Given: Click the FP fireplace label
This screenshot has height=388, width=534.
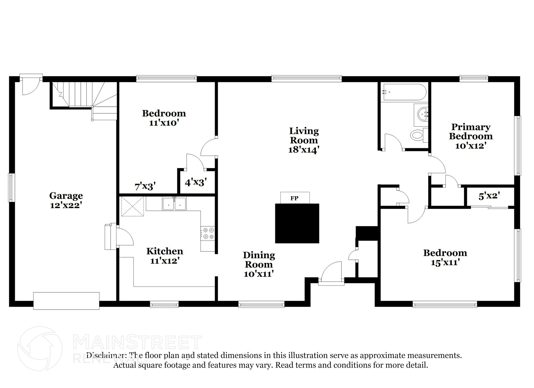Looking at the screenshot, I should pos(294,198).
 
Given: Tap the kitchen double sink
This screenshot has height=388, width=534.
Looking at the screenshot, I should pos(174,204).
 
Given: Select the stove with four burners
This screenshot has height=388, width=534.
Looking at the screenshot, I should pos(208,233).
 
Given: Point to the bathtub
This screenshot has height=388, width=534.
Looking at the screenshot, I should pos(404,92).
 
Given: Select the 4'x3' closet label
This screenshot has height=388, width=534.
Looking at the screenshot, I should pos(196,182).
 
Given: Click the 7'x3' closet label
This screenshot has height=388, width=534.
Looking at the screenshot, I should pos(145,186).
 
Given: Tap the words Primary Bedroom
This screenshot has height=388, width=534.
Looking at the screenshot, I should pos(471,132).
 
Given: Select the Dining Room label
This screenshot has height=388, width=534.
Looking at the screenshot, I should pos(259,260).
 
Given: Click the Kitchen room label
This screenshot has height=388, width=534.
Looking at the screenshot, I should pos(165,251).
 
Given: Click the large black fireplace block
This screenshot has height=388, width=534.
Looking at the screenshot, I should pos(297,223).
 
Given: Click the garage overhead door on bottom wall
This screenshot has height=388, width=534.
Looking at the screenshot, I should pos(66,301).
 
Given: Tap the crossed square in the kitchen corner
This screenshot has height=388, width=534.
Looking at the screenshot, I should pos(132,206).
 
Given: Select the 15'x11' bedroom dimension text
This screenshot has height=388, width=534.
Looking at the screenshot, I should pos(445,262).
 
